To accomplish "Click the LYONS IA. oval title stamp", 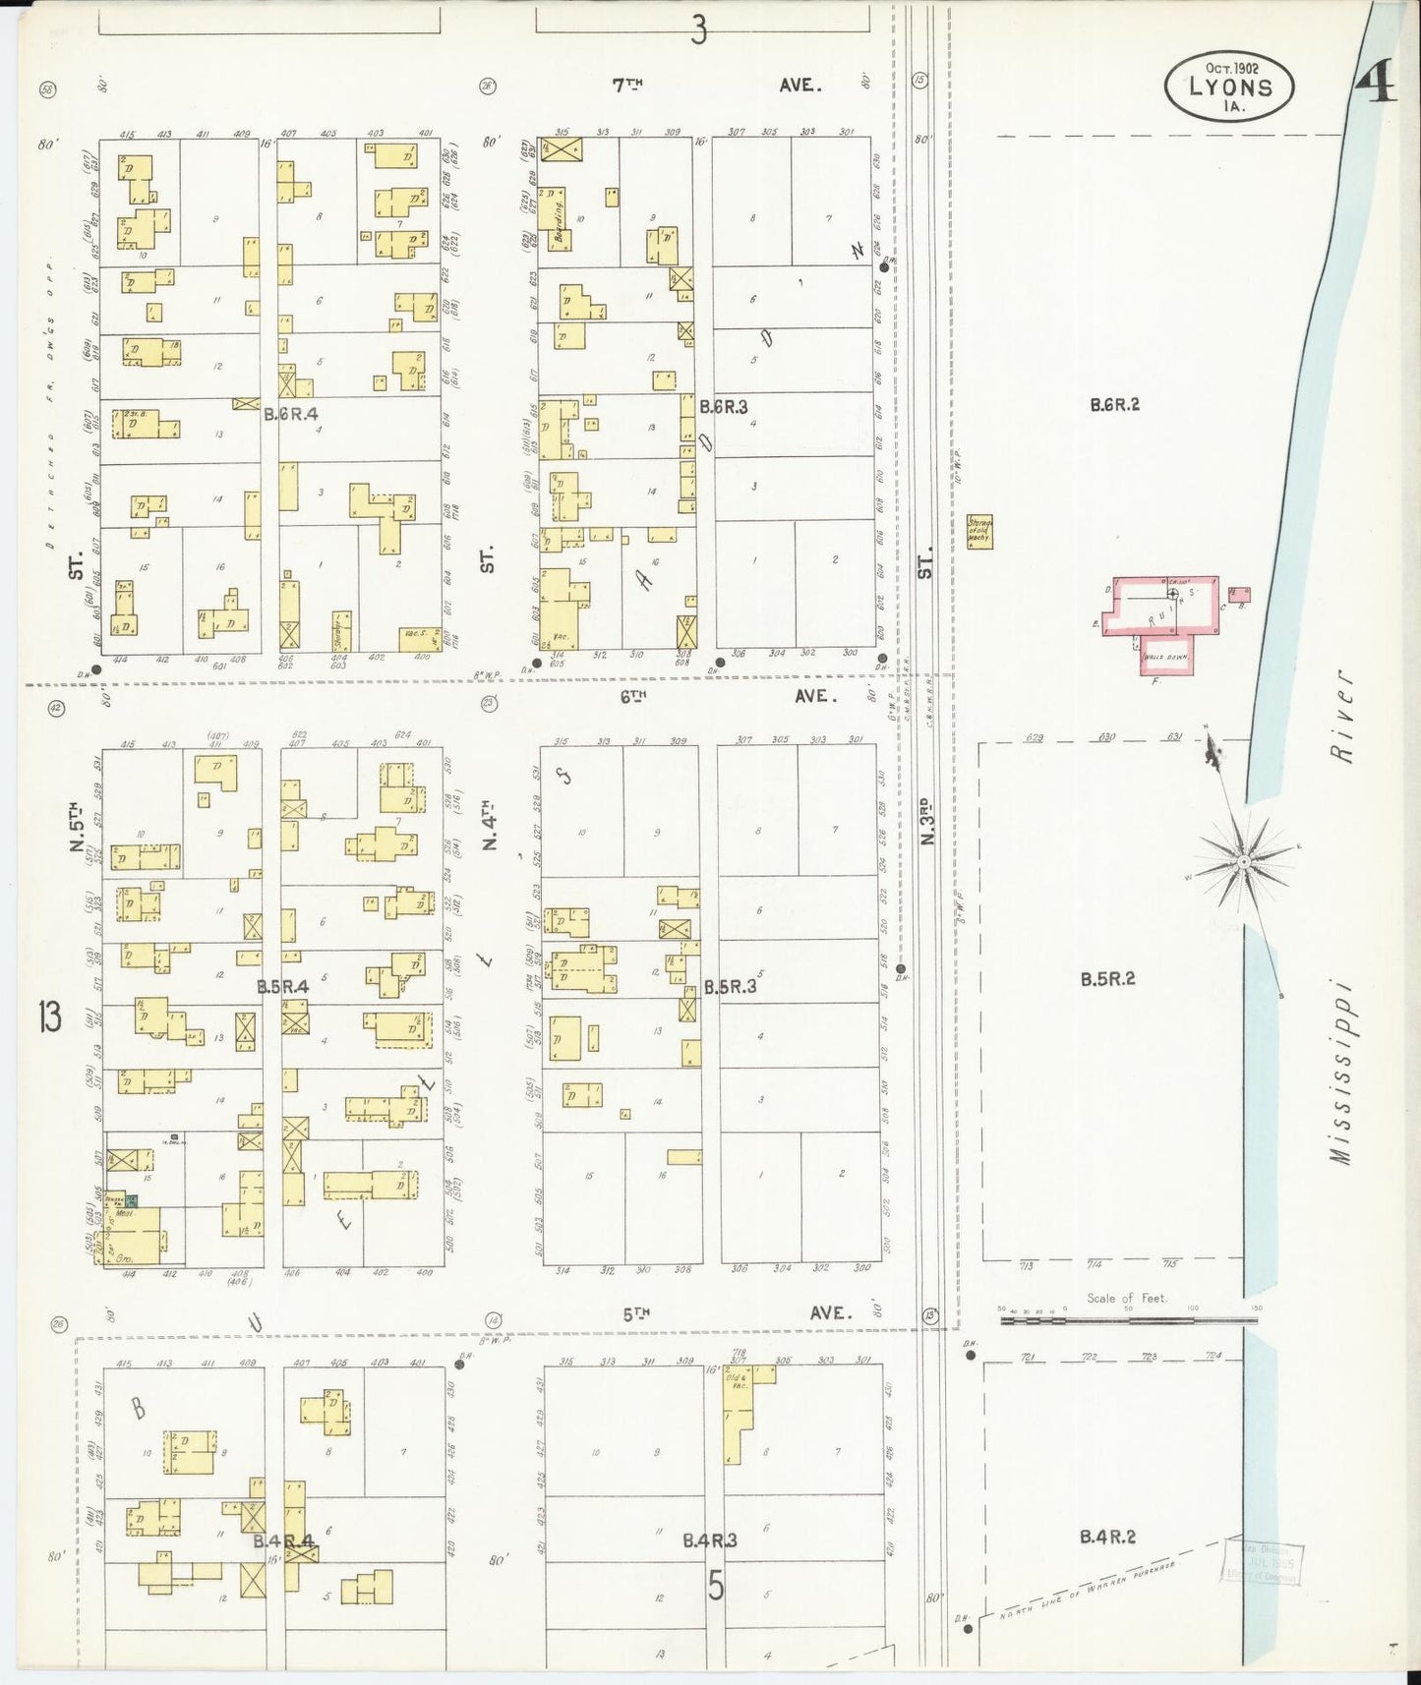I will coord(1228,87).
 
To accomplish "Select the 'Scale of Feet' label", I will coord(1126,1298).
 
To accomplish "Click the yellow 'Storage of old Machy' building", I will coord(979,532).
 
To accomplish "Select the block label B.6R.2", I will coord(1114,404).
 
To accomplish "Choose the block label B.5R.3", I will coord(730,986).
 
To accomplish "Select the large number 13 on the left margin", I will coord(50,1016).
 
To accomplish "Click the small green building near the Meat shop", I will coord(130,1200).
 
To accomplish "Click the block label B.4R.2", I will coord(1106,1536).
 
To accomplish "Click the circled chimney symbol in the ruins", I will coord(1172,594).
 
